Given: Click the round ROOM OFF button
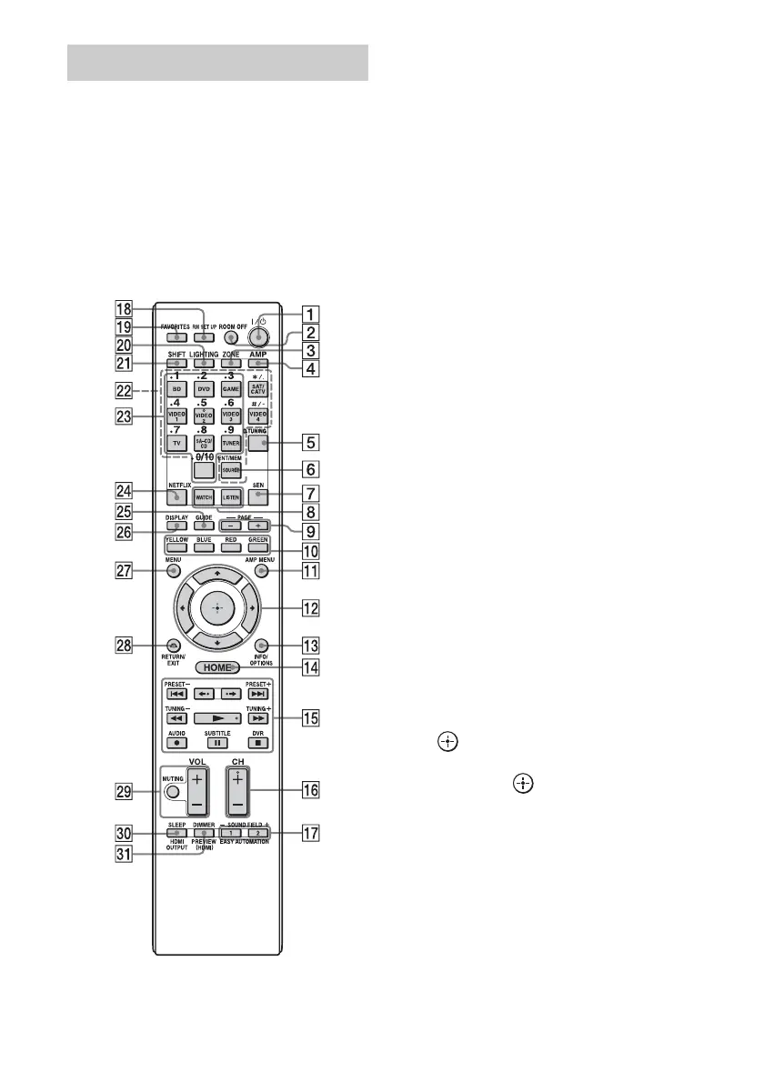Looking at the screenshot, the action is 232,349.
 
